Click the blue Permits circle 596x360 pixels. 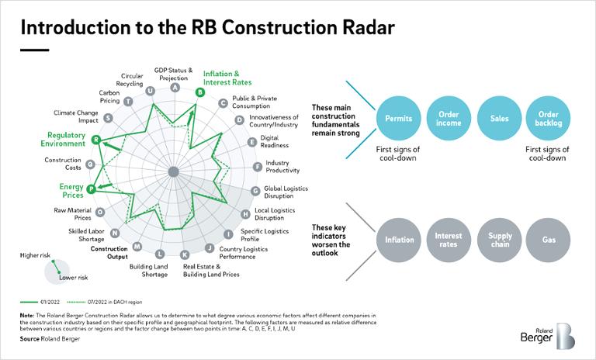399,119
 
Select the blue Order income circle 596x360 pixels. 449,119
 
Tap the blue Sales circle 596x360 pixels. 499,119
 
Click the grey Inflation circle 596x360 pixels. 399,240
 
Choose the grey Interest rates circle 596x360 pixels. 449,240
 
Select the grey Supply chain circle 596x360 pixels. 499,240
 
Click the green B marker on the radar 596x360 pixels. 200,92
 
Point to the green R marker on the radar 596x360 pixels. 95,140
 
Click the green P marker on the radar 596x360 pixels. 91,189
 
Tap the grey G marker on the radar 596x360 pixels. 255,191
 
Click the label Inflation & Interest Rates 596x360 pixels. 226,78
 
